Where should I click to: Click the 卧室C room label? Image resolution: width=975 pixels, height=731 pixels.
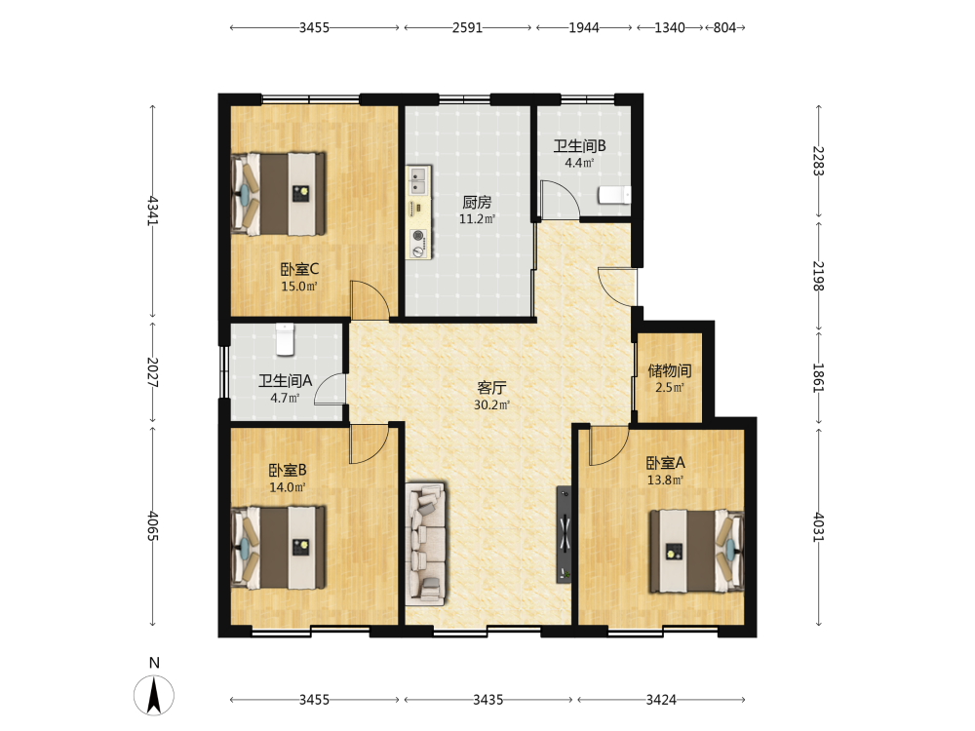(x=299, y=269)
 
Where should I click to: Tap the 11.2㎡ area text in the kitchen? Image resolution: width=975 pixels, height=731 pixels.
(x=477, y=218)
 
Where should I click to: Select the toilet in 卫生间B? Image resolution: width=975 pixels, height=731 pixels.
(x=614, y=195)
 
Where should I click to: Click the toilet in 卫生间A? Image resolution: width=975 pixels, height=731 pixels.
(x=285, y=339)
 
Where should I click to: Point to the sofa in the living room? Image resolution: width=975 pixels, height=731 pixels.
(x=426, y=543)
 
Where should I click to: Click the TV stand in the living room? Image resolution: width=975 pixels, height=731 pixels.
(x=564, y=534)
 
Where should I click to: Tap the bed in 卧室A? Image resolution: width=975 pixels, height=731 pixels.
(x=696, y=552)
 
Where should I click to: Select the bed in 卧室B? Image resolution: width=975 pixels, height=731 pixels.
(x=278, y=547)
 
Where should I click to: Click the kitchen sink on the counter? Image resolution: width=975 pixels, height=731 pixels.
(x=419, y=180)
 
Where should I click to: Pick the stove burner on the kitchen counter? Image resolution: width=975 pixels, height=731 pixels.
(x=419, y=236)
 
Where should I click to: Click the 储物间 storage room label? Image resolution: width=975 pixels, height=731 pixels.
(x=670, y=371)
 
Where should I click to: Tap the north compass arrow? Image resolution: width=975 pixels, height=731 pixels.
(x=154, y=695)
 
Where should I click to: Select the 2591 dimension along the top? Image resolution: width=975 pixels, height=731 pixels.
(x=468, y=27)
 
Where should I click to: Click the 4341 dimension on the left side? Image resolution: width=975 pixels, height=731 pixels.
(x=153, y=211)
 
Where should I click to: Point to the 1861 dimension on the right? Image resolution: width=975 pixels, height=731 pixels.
(x=819, y=378)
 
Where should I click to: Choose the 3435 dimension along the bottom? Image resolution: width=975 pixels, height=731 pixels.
(x=488, y=700)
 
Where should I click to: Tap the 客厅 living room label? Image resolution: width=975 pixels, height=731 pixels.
(x=491, y=388)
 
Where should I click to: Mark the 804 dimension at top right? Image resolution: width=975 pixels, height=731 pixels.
(x=725, y=27)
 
